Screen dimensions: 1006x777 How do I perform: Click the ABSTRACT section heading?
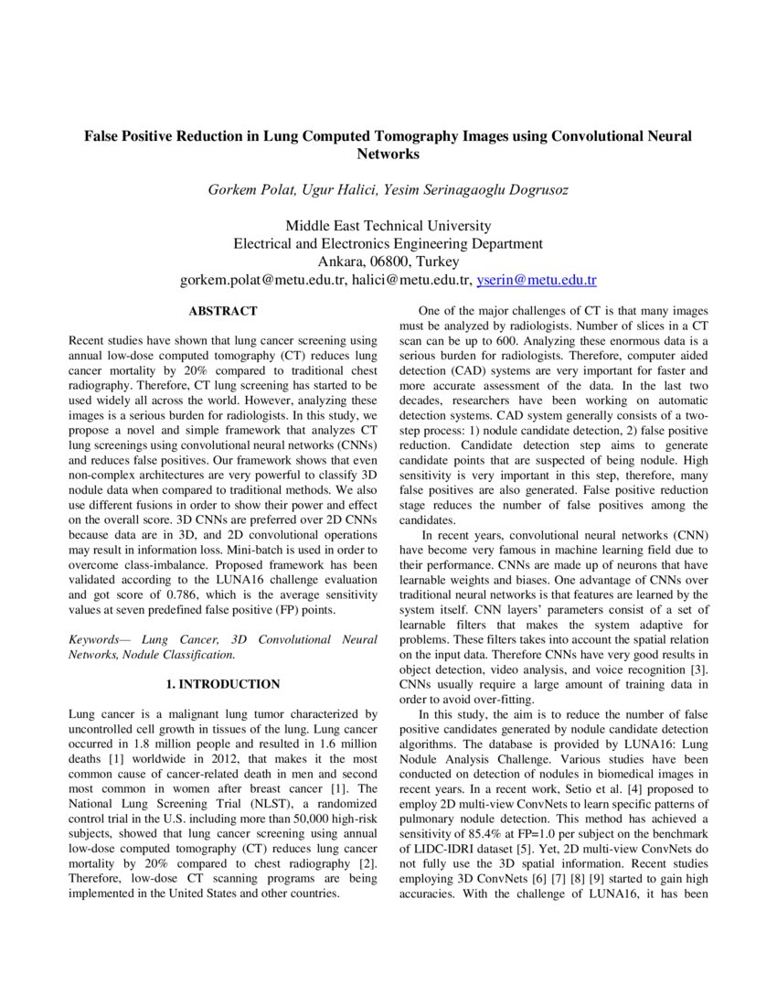(x=223, y=311)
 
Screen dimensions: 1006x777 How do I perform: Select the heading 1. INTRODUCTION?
(x=223, y=683)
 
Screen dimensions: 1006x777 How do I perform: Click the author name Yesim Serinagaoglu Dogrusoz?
(x=484, y=190)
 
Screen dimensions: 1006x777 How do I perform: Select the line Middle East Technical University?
(x=388, y=226)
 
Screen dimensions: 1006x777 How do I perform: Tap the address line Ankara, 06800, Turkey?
(x=388, y=262)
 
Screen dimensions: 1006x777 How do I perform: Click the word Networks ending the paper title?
(x=388, y=155)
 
